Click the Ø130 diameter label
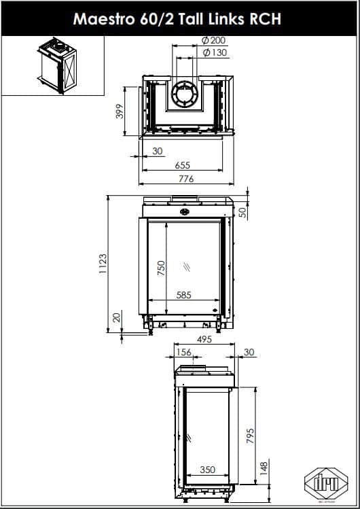215,52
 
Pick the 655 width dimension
182,165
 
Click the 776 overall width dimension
185,179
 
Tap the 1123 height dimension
102,264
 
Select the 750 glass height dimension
161,268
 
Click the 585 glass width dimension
183,295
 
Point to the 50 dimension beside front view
243,212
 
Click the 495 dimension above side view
204,339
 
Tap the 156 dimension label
183,353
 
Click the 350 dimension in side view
208,470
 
